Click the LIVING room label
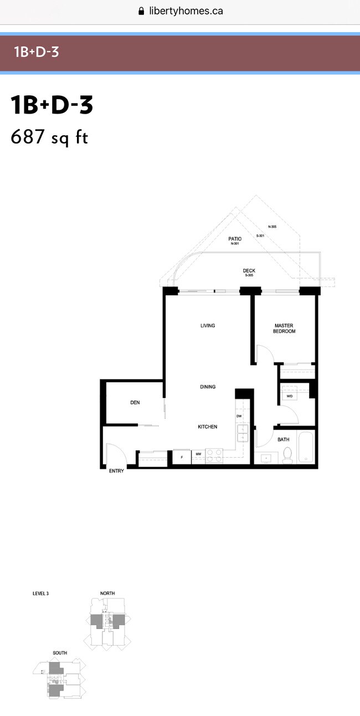208,326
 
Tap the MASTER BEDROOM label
285,329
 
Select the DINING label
208,387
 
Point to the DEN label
135,403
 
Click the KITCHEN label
208,427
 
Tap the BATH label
284,439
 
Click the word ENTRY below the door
116,471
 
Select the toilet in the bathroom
287,455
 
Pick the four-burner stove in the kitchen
214,456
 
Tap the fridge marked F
182,457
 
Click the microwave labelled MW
198,455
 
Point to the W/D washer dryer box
290,396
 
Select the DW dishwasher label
239,416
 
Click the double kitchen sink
242,433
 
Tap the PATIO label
235,239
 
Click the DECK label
249,271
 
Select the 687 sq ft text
49,137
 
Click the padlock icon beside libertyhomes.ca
141,11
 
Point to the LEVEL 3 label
41,594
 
